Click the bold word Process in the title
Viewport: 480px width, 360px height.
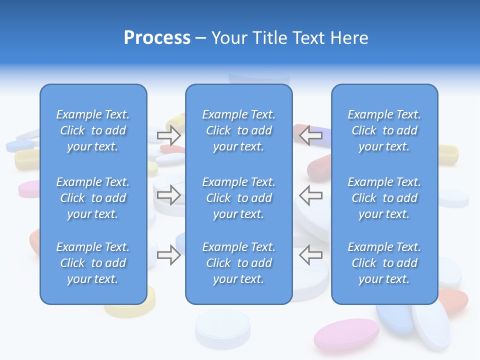[x=157, y=37]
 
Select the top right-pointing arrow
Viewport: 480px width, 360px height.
[x=168, y=135]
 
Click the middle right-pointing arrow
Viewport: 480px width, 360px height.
[x=168, y=194]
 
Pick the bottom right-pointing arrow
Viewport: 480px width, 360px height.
[x=168, y=255]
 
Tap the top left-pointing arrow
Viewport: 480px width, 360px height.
[x=311, y=135]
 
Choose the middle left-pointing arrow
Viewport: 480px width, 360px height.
[x=311, y=194]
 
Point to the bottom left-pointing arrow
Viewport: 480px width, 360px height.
[x=311, y=255]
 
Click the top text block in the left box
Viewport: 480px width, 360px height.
[x=93, y=130]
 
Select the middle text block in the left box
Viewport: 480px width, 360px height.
[x=93, y=198]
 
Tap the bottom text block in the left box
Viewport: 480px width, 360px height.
[x=93, y=263]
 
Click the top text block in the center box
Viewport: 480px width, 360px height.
[x=238, y=130]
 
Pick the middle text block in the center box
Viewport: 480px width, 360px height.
[x=238, y=198]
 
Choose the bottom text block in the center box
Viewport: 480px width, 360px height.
[x=238, y=263]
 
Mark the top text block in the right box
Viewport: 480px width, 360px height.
[x=384, y=130]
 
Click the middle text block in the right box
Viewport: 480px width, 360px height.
[x=384, y=198]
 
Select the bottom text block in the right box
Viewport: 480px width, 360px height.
[x=384, y=263]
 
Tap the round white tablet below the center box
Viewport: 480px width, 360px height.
[x=222, y=327]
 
